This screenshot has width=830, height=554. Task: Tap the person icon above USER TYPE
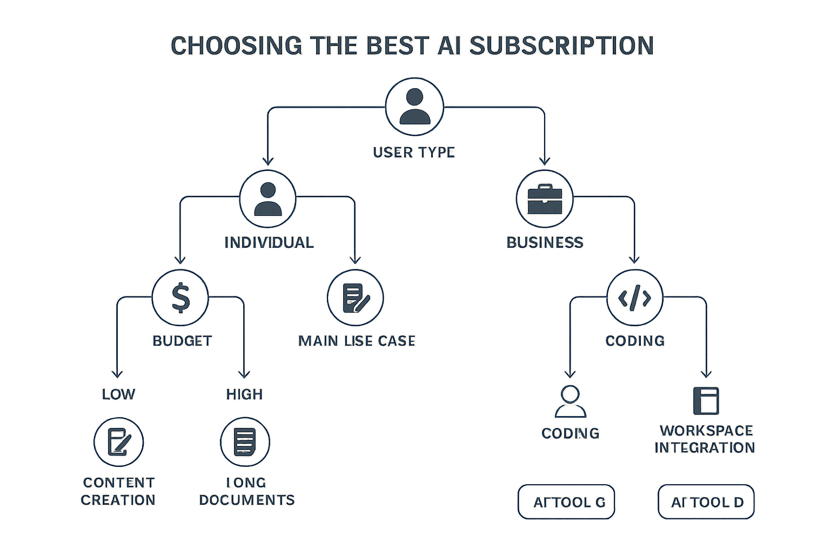click(x=414, y=107)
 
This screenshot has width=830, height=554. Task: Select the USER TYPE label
click(x=414, y=153)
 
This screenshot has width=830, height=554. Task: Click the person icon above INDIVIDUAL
click(x=267, y=199)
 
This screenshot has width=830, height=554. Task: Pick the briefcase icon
click(x=544, y=199)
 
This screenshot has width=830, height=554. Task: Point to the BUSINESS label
click(x=545, y=242)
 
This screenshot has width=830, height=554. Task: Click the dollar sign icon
click(x=180, y=298)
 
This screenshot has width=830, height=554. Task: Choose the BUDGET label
click(x=182, y=341)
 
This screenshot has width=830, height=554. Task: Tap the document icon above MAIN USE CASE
click(x=356, y=298)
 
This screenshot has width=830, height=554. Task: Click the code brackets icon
click(x=634, y=298)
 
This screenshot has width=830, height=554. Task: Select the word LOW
click(x=118, y=394)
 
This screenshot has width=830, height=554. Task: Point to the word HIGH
click(x=244, y=394)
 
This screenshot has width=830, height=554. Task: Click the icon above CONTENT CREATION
click(x=119, y=442)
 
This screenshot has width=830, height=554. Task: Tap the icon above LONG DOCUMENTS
click(x=245, y=442)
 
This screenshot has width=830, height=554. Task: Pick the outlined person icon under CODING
click(x=570, y=401)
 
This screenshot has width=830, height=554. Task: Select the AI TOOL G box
click(x=566, y=502)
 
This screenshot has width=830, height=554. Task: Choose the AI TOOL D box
click(x=706, y=502)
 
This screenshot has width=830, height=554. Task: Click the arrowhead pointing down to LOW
click(x=117, y=373)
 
